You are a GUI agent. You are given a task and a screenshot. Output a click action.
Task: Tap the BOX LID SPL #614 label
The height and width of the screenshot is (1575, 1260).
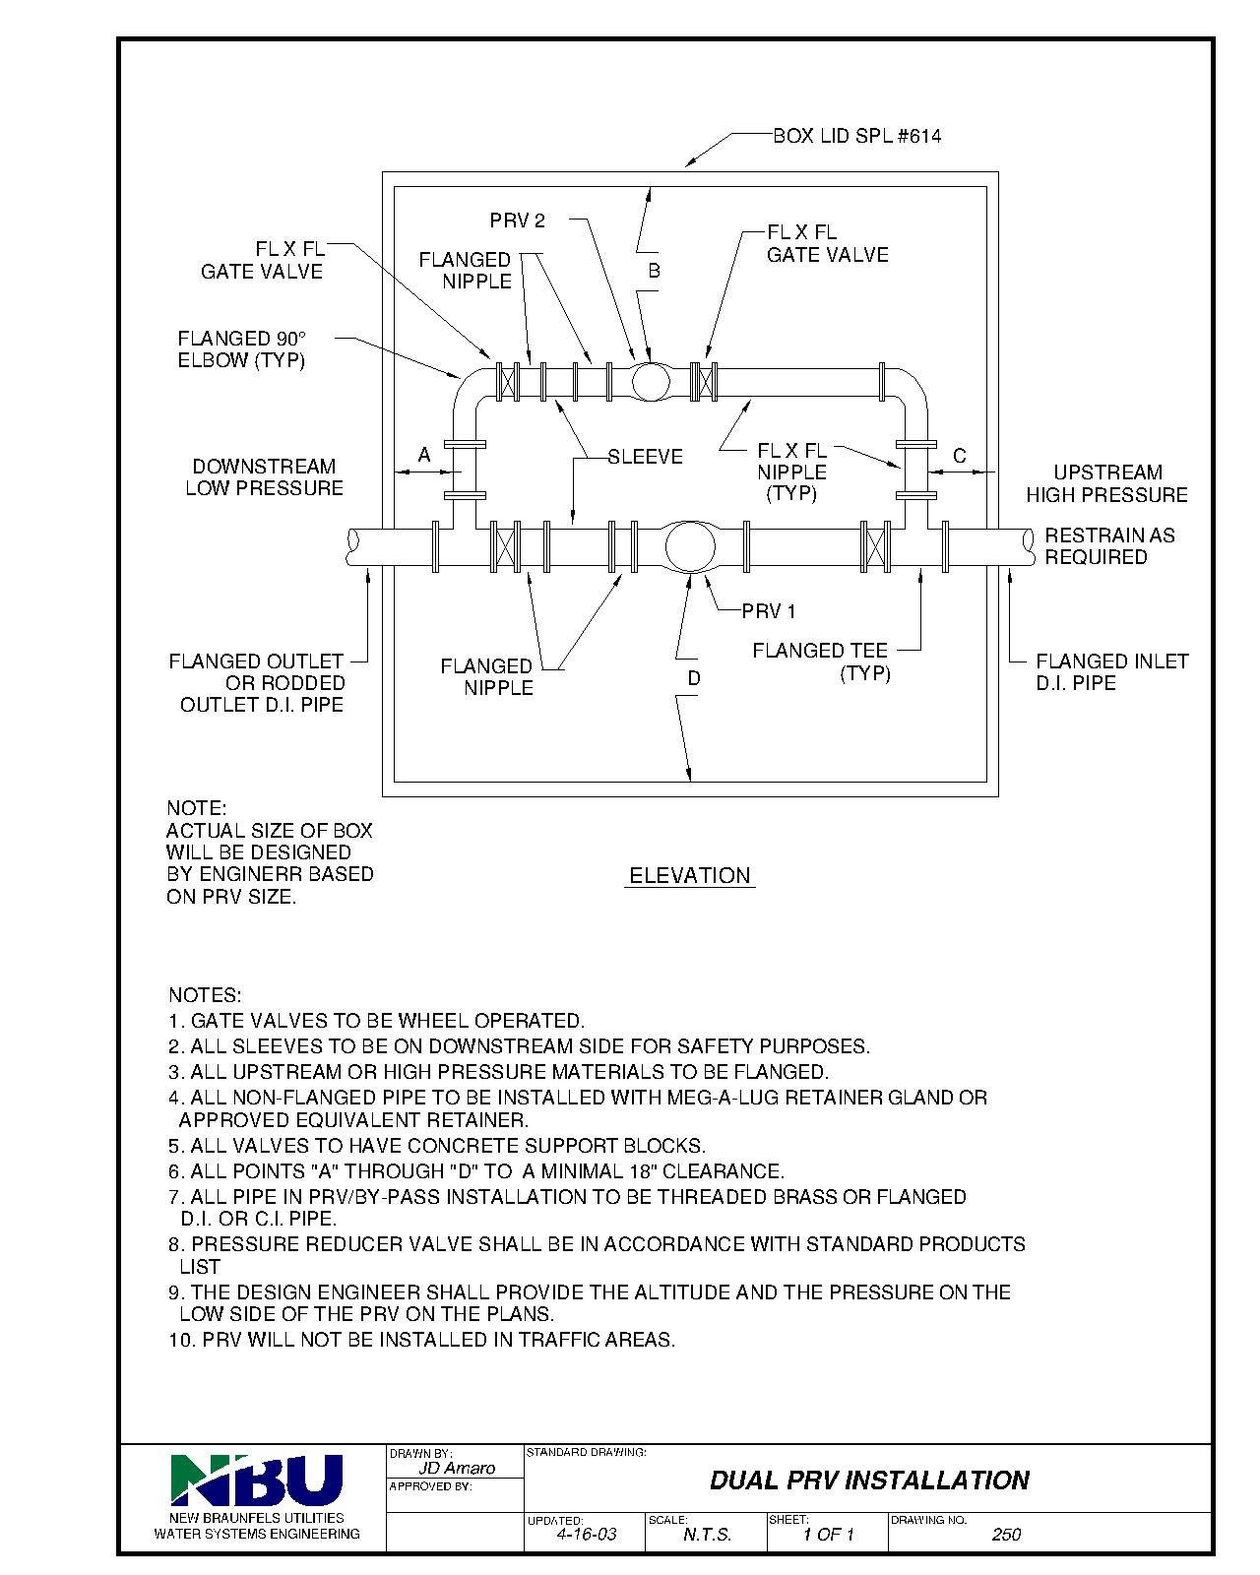pyautogui.click(x=855, y=136)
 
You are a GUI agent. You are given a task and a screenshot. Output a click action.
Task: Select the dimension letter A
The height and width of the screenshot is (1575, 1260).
pyautogui.click(x=424, y=455)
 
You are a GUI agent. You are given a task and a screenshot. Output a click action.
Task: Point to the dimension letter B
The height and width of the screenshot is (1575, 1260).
pyautogui.click(x=653, y=270)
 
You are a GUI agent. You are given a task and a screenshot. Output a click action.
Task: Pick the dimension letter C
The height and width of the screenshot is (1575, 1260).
pyautogui.click(x=960, y=456)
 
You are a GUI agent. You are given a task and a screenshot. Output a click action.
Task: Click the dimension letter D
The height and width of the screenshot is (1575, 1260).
pyautogui.click(x=694, y=678)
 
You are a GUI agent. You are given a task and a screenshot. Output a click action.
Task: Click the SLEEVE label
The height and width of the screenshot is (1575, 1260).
pyautogui.click(x=645, y=457)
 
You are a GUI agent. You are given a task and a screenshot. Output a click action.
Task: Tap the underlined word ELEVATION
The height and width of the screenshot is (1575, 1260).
pyautogui.click(x=689, y=875)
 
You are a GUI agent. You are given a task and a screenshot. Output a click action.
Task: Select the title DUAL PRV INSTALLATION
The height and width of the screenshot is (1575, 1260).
pyautogui.click(x=869, y=1480)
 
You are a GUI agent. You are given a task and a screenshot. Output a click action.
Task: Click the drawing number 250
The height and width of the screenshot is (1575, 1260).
pyautogui.click(x=1006, y=1535)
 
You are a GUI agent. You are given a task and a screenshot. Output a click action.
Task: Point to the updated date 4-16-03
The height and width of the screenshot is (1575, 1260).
pyautogui.click(x=587, y=1535)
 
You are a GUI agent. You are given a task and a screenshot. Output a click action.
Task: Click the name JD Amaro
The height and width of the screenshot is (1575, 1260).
pyautogui.click(x=457, y=1468)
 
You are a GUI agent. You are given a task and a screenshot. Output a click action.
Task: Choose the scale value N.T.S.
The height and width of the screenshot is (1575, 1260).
pyautogui.click(x=707, y=1535)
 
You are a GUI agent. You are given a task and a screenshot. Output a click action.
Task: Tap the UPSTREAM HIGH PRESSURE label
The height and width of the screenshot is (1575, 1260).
pyautogui.click(x=1106, y=483)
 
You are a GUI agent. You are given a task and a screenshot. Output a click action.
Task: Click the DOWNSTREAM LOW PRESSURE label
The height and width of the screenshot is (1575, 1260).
pyautogui.click(x=264, y=477)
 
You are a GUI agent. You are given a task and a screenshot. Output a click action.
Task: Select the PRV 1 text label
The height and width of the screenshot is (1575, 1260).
pyautogui.click(x=769, y=611)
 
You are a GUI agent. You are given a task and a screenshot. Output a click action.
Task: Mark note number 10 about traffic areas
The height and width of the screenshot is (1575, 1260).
pyautogui.click(x=421, y=1340)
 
